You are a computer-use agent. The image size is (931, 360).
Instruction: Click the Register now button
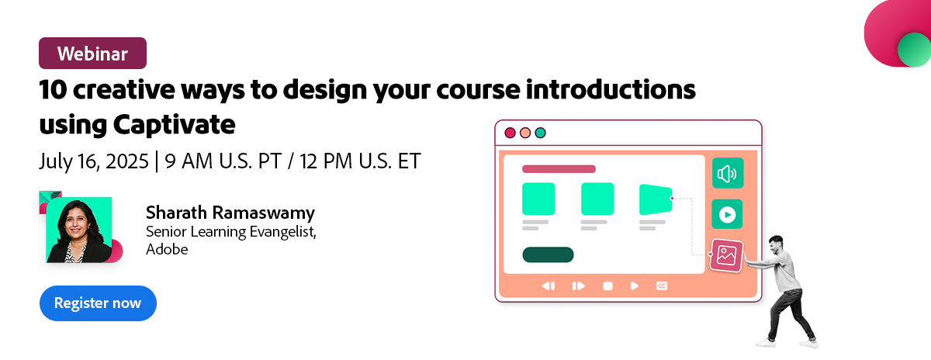[x=98, y=303]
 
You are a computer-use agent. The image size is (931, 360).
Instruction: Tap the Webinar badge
[x=92, y=54]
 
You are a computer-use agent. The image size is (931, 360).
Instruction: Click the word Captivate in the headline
[x=174, y=125]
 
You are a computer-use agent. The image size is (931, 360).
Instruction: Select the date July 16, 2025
[x=94, y=161]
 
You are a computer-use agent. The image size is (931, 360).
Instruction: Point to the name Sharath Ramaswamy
[x=230, y=213]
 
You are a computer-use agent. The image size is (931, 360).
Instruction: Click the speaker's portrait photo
[x=79, y=230]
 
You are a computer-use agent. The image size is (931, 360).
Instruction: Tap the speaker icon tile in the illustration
[x=728, y=173]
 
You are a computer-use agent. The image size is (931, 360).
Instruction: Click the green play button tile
[x=728, y=214]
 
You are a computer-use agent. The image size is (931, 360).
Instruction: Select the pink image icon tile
[x=726, y=255]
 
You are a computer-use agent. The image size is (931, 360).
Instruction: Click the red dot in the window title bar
[x=510, y=133]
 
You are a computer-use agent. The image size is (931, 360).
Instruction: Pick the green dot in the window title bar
[x=540, y=133]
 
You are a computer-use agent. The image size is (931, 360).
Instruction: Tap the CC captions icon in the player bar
[x=662, y=286]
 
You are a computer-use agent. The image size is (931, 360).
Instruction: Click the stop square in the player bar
[x=607, y=286]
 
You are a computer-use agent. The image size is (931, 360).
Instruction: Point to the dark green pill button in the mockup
[x=548, y=254]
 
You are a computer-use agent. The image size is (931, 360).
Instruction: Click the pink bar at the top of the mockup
[x=559, y=169]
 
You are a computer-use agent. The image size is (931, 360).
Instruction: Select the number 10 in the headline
[x=53, y=89]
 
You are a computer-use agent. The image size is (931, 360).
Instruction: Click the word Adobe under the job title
[x=167, y=249]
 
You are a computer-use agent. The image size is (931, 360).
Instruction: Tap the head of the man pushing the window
[x=776, y=245]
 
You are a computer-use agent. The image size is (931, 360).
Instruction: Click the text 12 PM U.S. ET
[x=360, y=161]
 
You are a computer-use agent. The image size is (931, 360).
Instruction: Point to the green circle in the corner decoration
[x=915, y=50]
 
